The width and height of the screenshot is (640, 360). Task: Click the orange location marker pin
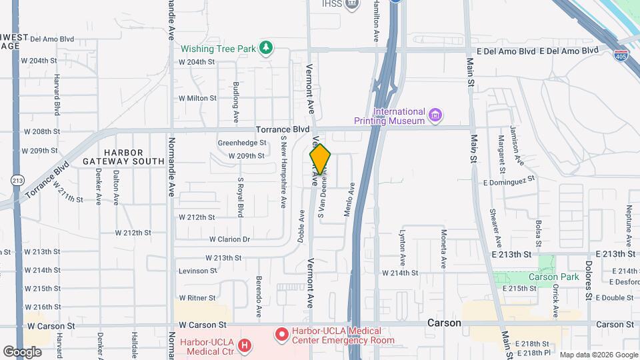320,159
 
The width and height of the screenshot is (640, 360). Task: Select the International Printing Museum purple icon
435,116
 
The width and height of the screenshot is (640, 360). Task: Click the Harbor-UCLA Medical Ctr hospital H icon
245,345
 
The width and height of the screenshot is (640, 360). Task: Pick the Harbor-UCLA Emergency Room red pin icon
281,333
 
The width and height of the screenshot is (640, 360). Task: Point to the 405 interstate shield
621,56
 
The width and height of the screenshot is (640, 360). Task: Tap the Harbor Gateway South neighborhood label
124,157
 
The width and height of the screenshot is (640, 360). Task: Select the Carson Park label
553,277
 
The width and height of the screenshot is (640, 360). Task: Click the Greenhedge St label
242,143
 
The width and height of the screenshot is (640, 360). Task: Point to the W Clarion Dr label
229,239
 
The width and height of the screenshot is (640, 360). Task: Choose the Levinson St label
197,271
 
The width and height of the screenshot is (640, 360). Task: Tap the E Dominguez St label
510,179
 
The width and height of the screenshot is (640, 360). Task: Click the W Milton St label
197,98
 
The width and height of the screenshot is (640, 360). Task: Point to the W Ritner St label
197,297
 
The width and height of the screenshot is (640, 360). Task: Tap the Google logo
23,351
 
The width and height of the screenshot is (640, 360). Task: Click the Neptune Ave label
629,222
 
